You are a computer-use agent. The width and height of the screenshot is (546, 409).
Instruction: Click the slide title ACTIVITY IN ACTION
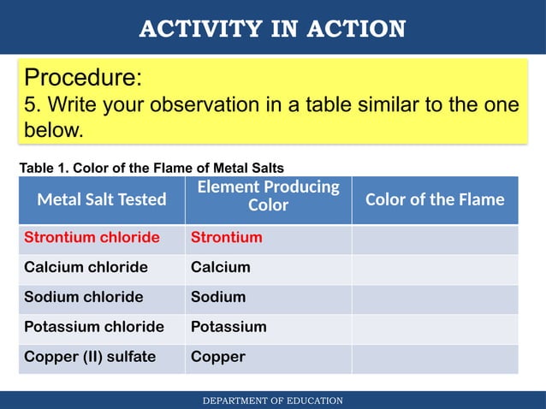click(x=272, y=29)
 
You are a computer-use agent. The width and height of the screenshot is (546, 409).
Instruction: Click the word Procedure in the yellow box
click(x=82, y=78)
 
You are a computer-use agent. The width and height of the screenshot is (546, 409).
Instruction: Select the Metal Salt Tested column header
click(x=102, y=199)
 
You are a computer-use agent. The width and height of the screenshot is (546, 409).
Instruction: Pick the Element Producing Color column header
click(x=268, y=196)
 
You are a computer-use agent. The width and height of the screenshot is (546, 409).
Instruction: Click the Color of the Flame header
click(x=435, y=199)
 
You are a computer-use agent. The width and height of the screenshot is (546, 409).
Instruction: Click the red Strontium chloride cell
click(x=92, y=237)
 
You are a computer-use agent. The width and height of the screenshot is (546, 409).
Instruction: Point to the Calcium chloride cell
click(x=86, y=267)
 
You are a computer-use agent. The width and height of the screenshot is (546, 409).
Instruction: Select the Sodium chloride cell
click(x=84, y=297)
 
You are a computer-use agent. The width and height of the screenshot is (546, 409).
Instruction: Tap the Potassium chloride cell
click(x=94, y=327)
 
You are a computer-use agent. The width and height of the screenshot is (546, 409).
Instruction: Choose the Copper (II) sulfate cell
click(x=90, y=357)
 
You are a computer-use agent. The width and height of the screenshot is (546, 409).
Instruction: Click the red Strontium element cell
click(x=226, y=237)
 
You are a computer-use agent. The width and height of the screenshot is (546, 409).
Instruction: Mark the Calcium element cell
click(x=221, y=267)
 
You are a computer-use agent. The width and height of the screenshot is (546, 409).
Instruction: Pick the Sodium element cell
click(x=218, y=297)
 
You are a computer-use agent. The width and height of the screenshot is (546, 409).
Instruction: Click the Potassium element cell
click(x=228, y=327)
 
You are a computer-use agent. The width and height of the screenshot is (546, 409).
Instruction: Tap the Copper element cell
click(x=218, y=357)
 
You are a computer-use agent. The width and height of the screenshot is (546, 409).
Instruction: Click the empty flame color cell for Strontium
click(x=435, y=238)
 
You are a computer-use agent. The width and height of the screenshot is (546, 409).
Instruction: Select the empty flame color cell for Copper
click(x=435, y=358)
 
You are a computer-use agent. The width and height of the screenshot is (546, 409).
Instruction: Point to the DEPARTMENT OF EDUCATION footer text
click(x=272, y=400)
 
